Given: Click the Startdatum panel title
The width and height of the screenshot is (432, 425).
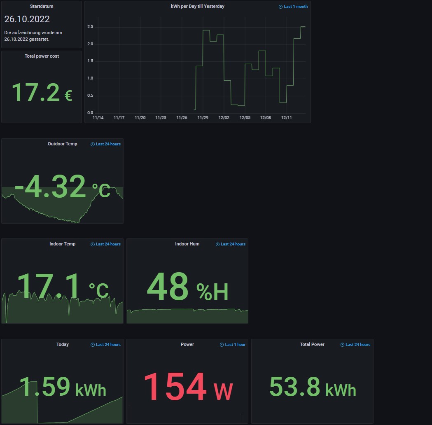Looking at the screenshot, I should tap(42, 7).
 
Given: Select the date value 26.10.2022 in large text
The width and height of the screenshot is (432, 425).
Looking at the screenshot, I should tap(27, 19).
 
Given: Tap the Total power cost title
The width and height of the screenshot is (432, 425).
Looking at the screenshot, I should tap(42, 56).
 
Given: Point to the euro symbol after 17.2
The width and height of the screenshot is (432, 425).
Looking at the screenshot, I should tap(68, 96).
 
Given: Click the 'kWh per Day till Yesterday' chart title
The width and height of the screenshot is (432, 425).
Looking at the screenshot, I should tap(197, 7).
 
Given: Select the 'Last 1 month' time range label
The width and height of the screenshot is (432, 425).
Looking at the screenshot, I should tap(295, 7).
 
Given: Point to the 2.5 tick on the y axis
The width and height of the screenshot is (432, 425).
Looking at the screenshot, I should tap(90, 27).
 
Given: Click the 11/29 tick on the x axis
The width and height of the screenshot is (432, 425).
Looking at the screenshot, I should tap(203, 118).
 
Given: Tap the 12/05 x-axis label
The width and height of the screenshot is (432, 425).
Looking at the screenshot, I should tap(245, 118).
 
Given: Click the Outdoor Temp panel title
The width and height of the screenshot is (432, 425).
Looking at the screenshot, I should tap(62, 144).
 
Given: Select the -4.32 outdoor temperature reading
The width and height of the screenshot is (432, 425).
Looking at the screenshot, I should tap(51, 187).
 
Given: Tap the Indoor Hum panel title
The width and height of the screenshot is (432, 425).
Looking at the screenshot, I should tap(187, 244).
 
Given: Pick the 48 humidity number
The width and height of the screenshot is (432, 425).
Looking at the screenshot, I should tap(168, 287).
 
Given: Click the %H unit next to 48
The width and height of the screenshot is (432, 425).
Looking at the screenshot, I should tap(212, 292).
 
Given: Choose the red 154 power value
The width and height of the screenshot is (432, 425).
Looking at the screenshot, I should tap(175, 387).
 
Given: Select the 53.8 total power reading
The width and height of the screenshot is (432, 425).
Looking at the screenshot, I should tap(295, 387).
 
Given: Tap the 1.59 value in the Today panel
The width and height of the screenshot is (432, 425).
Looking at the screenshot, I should tap(45, 387).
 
